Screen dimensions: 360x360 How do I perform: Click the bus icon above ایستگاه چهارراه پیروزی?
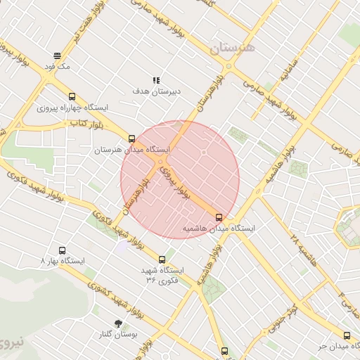click(72, 96)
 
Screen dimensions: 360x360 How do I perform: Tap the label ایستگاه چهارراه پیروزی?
click(73, 108)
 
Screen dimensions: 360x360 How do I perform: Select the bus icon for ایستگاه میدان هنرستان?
click(131, 139)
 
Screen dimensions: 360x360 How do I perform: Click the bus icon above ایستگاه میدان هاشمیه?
click(219, 217)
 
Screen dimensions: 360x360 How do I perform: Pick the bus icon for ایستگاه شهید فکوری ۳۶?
click(162, 259)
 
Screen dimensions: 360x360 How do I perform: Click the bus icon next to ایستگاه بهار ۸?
click(62, 250)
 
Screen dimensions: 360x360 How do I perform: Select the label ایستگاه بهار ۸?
click(63, 261)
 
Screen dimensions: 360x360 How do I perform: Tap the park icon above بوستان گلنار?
click(117, 323)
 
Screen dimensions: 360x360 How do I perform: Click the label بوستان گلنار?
click(117, 335)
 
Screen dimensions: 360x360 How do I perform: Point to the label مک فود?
click(57, 66)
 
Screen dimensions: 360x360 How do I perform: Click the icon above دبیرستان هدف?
click(156, 80)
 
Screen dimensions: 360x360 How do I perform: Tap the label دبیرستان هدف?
click(157, 91)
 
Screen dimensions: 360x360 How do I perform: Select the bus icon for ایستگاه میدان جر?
click(347, 335)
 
